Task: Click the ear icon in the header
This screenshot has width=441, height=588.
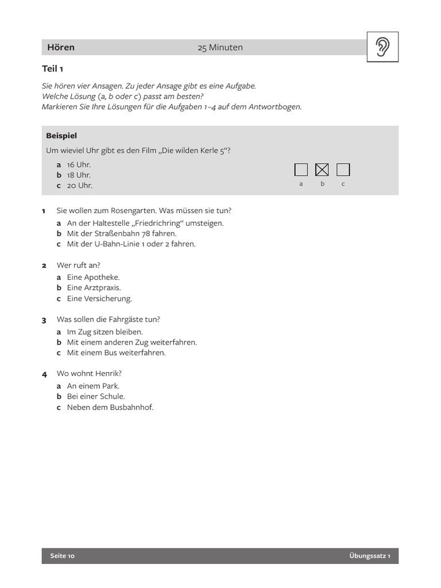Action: coord(382,47)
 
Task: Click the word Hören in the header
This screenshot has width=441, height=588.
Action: coord(61,48)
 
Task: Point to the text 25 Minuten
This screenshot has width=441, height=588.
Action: coord(220,48)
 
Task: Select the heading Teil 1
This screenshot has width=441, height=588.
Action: coord(53,69)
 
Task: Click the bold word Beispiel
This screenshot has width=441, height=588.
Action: coord(61,136)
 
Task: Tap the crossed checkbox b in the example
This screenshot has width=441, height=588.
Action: coord(322,169)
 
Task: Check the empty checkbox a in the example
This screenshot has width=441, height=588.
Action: coord(301,169)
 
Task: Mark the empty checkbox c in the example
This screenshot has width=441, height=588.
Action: coord(343,169)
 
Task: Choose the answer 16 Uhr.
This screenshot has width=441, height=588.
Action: coord(79,165)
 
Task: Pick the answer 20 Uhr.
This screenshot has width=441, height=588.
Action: coord(79,185)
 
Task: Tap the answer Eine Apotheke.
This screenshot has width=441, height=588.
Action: coord(93,277)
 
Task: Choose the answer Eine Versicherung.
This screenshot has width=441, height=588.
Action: coord(99,299)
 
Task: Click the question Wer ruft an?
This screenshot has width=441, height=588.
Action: coord(78,265)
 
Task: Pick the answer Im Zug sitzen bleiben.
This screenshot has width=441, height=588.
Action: coord(105,332)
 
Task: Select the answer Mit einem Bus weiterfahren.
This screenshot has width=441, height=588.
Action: coord(116,353)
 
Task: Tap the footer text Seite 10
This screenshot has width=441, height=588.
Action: coord(63,556)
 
